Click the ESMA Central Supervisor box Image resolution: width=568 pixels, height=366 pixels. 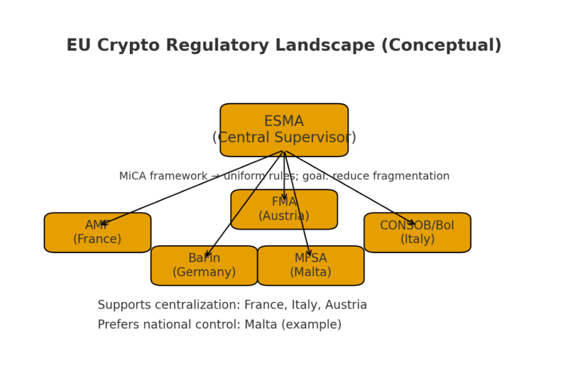coord(284,130)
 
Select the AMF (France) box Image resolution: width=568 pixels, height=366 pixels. coord(97,232)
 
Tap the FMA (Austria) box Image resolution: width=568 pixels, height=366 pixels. coord(284,209)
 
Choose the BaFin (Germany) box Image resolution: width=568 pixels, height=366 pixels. coord(204,266)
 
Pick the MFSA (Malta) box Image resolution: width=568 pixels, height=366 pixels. coord(311,266)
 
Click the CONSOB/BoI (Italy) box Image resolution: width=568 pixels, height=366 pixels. coord(417,232)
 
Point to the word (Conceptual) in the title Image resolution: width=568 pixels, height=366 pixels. coord(441,45)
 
